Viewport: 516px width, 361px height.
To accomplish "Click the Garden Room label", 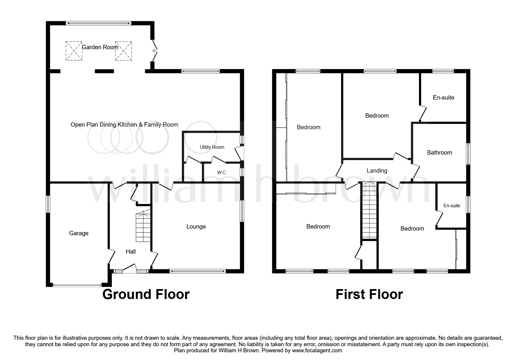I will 100,47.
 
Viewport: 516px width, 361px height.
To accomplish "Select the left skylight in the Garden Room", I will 74,51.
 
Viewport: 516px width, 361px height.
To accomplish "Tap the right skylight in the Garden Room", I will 124,51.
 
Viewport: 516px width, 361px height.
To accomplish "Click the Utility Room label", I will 212,147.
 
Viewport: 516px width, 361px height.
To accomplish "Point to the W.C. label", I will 222,173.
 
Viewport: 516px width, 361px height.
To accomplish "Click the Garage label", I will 79,233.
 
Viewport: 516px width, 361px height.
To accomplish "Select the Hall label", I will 131,252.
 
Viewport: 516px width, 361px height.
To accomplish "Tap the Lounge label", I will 196,226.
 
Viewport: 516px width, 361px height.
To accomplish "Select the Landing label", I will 377,171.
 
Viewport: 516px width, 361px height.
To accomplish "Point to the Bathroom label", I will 439,153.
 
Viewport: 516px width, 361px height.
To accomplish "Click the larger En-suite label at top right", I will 443,98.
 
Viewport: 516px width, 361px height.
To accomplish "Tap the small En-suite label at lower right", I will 452,206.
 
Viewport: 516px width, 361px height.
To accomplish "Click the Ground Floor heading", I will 146,294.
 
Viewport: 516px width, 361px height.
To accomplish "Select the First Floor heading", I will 369,294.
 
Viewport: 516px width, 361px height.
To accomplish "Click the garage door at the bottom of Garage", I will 77,285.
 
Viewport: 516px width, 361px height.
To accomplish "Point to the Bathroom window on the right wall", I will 468,154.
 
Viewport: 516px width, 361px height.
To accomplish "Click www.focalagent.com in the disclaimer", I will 317,351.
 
